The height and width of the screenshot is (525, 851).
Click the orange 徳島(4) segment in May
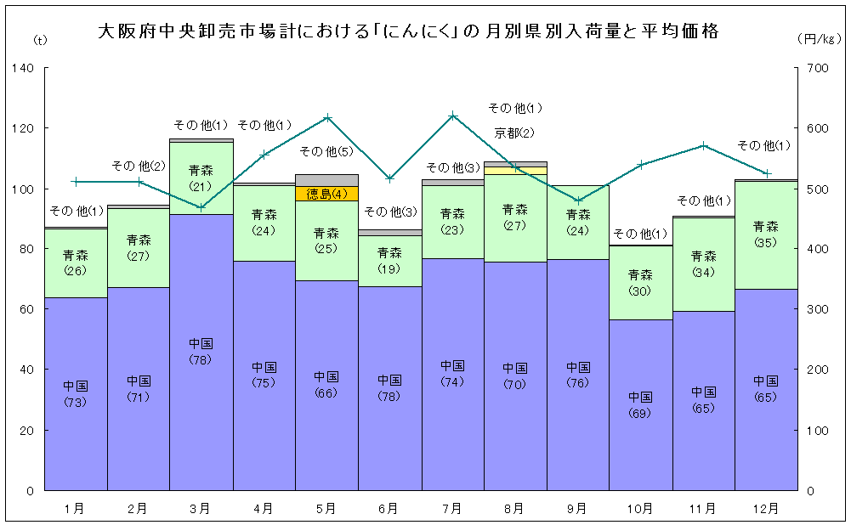[x=326, y=193]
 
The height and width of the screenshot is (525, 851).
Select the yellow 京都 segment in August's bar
[x=515, y=170]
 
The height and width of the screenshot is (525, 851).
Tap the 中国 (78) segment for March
[x=201, y=352]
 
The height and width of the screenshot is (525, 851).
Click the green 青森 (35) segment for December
[x=766, y=234]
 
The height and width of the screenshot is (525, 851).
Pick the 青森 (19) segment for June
[x=389, y=261]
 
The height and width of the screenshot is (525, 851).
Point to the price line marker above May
[x=327, y=117]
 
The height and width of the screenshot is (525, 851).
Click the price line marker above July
[x=453, y=116]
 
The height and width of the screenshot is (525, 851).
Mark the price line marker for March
[x=201, y=206]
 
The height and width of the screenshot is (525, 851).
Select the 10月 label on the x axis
[x=640, y=509]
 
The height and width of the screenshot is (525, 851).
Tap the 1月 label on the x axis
[x=75, y=509]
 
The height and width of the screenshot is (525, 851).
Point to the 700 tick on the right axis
[x=816, y=68]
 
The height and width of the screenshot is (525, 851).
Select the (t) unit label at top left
[x=40, y=40]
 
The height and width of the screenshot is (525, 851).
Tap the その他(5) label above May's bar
[x=327, y=152]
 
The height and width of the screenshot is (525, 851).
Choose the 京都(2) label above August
[x=515, y=133]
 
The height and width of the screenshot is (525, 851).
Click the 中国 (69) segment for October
[x=640, y=404]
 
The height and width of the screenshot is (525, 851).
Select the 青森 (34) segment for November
[x=703, y=263]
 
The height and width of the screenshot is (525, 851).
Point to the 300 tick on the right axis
[x=816, y=309]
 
